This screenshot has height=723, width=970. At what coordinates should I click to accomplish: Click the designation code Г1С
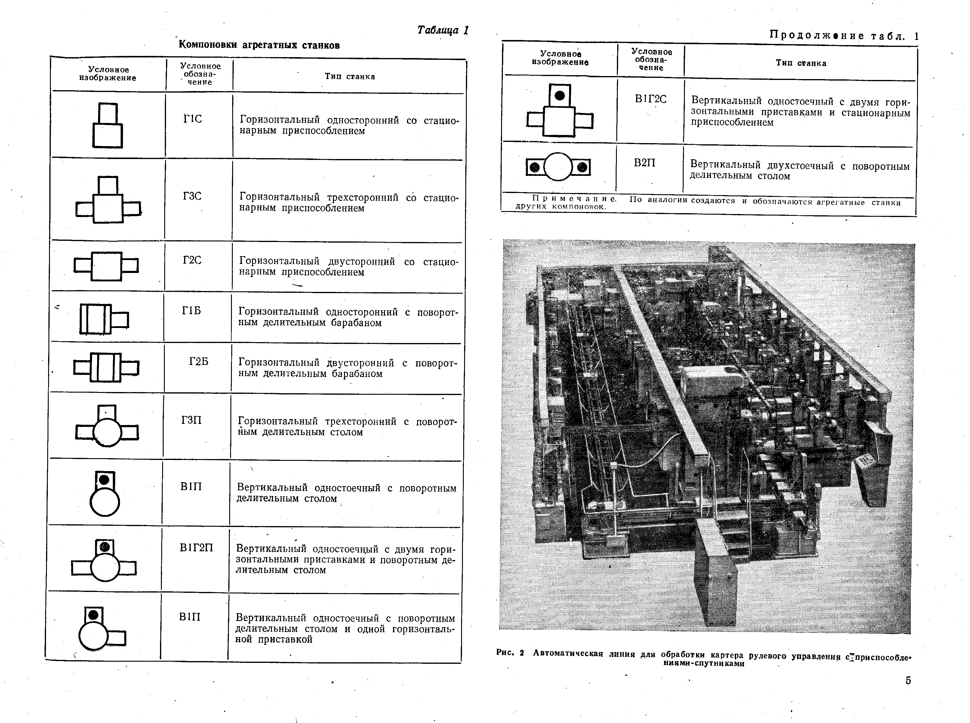[192, 119]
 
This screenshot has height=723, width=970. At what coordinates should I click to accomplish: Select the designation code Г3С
[192, 196]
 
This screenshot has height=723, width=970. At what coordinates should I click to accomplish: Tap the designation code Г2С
[192, 260]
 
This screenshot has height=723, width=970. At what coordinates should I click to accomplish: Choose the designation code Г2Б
[199, 361]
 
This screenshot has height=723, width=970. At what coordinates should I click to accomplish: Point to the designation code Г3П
[191, 421]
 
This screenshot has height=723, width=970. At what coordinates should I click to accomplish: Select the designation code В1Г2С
[650, 99]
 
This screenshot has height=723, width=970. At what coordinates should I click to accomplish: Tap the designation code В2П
[645, 163]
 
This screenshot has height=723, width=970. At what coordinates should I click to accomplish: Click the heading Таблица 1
[443, 30]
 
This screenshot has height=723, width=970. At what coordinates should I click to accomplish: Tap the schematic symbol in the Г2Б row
[106, 367]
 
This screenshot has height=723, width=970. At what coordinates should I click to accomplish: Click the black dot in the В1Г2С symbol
[559, 95]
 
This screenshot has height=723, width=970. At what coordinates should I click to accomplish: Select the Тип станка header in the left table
[350, 77]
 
